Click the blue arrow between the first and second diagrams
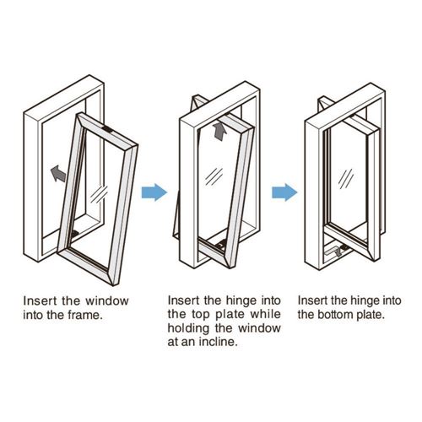click(154, 192)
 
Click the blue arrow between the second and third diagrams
click(284, 192)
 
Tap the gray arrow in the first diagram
click(58, 173)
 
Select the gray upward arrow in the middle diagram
click(219, 131)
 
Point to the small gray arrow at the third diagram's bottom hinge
click(338, 252)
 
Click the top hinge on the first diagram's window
click(107, 130)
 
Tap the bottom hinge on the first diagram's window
click(74, 234)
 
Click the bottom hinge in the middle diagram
click(222, 244)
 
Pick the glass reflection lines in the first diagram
click(99, 194)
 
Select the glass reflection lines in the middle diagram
click(214, 176)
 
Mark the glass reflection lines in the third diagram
click(346, 179)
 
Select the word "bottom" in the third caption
click(336, 315)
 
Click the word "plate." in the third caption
click(371, 315)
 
